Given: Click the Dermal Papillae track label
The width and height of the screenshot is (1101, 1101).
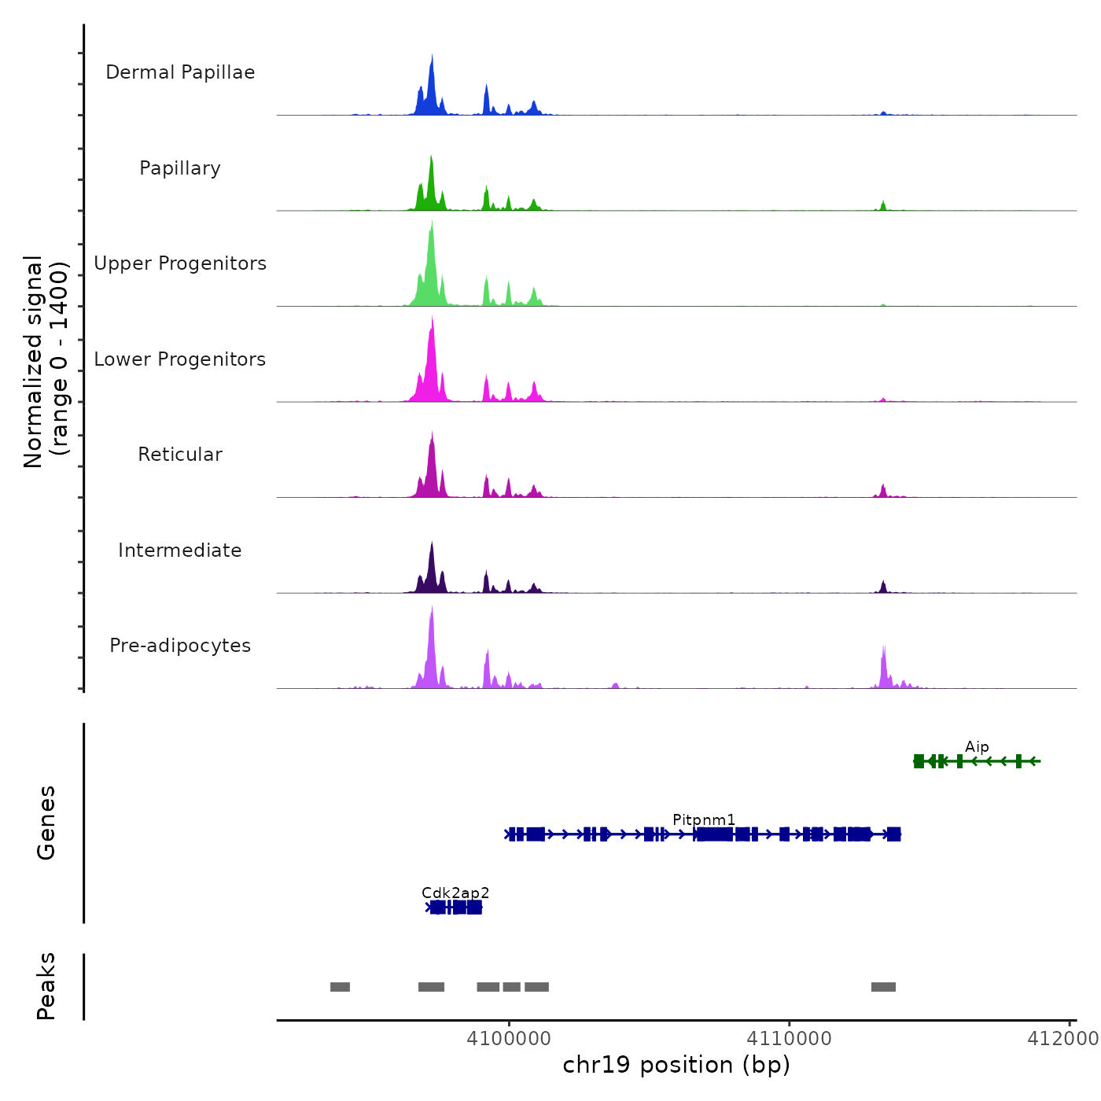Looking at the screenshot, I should (x=180, y=72).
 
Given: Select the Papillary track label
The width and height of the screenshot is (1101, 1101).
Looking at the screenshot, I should (x=180, y=168).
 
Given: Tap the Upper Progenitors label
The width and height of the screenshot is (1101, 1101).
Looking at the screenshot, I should (x=180, y=263).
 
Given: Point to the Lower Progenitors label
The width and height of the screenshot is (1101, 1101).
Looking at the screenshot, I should (x=180, y=359).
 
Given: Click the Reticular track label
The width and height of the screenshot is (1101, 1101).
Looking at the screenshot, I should (x=180, y=455).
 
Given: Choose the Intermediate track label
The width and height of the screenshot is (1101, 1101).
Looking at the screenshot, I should (x=180, y=550).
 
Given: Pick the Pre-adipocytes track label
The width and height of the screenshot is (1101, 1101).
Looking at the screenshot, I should (x=180, y=646).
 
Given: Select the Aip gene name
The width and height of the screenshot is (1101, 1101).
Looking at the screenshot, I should (x=977, y=747).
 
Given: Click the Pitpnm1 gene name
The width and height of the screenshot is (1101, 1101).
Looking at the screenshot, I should (x=704, y=820).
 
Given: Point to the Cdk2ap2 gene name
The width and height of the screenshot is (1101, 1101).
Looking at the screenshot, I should (x=455, y=893).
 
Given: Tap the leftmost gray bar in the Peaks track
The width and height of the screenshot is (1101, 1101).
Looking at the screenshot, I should (x=340, y=987).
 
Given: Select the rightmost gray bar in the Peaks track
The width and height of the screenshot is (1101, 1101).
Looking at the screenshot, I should (x=883, y=987).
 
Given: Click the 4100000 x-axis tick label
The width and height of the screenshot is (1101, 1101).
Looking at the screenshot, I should (x=509, y=1039).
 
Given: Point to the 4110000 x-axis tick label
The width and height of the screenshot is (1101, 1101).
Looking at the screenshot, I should (x=790, y=1039).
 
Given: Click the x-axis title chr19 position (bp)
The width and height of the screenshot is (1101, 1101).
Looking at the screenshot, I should (x=676, y=1065).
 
